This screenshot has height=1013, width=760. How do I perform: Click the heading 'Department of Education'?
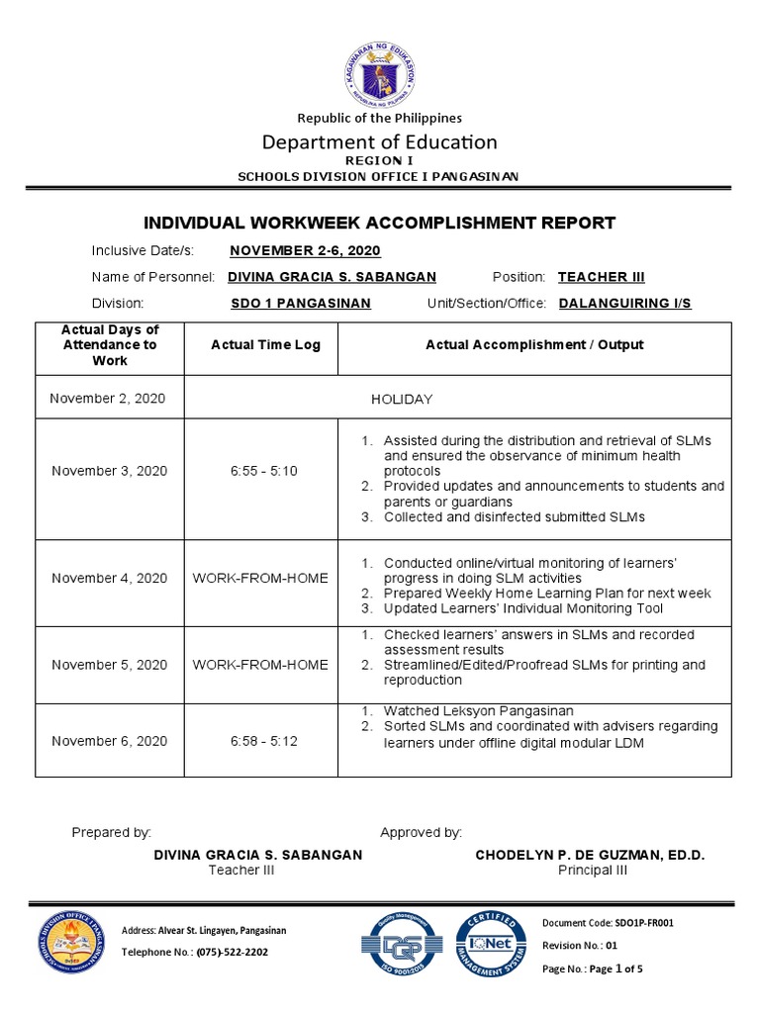(x=380, y=141)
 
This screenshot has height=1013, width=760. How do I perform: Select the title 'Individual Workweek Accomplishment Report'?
(x=380, y=224)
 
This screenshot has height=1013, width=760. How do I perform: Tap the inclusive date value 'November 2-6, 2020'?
(x=305, y=251)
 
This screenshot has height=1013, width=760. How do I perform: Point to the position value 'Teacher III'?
(x=601, y=277)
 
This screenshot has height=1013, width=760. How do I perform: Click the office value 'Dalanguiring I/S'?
(x=625, y=304)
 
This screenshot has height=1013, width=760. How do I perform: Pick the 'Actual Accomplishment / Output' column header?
(x=534, y=345)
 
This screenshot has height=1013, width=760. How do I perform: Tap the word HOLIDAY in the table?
(x=402, y=399)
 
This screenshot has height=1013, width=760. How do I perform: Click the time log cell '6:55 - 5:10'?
(x=260, y=471)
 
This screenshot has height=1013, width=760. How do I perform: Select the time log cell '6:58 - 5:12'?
(x=260, y=741)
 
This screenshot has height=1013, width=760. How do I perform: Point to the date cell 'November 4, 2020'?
(x=109, y=578)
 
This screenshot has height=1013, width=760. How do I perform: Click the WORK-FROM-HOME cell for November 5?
(x=260, y=665)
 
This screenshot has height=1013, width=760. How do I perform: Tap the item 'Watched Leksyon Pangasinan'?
(x=478, y=711)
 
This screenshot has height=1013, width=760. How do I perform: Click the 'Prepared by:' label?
(x=111, y=833)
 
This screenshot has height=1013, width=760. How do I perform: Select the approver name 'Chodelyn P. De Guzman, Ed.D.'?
(x=591, y=855)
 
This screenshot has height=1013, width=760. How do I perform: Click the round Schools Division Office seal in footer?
(x=69, y=942)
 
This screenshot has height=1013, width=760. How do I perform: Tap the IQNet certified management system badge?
(x=489, y=942)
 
